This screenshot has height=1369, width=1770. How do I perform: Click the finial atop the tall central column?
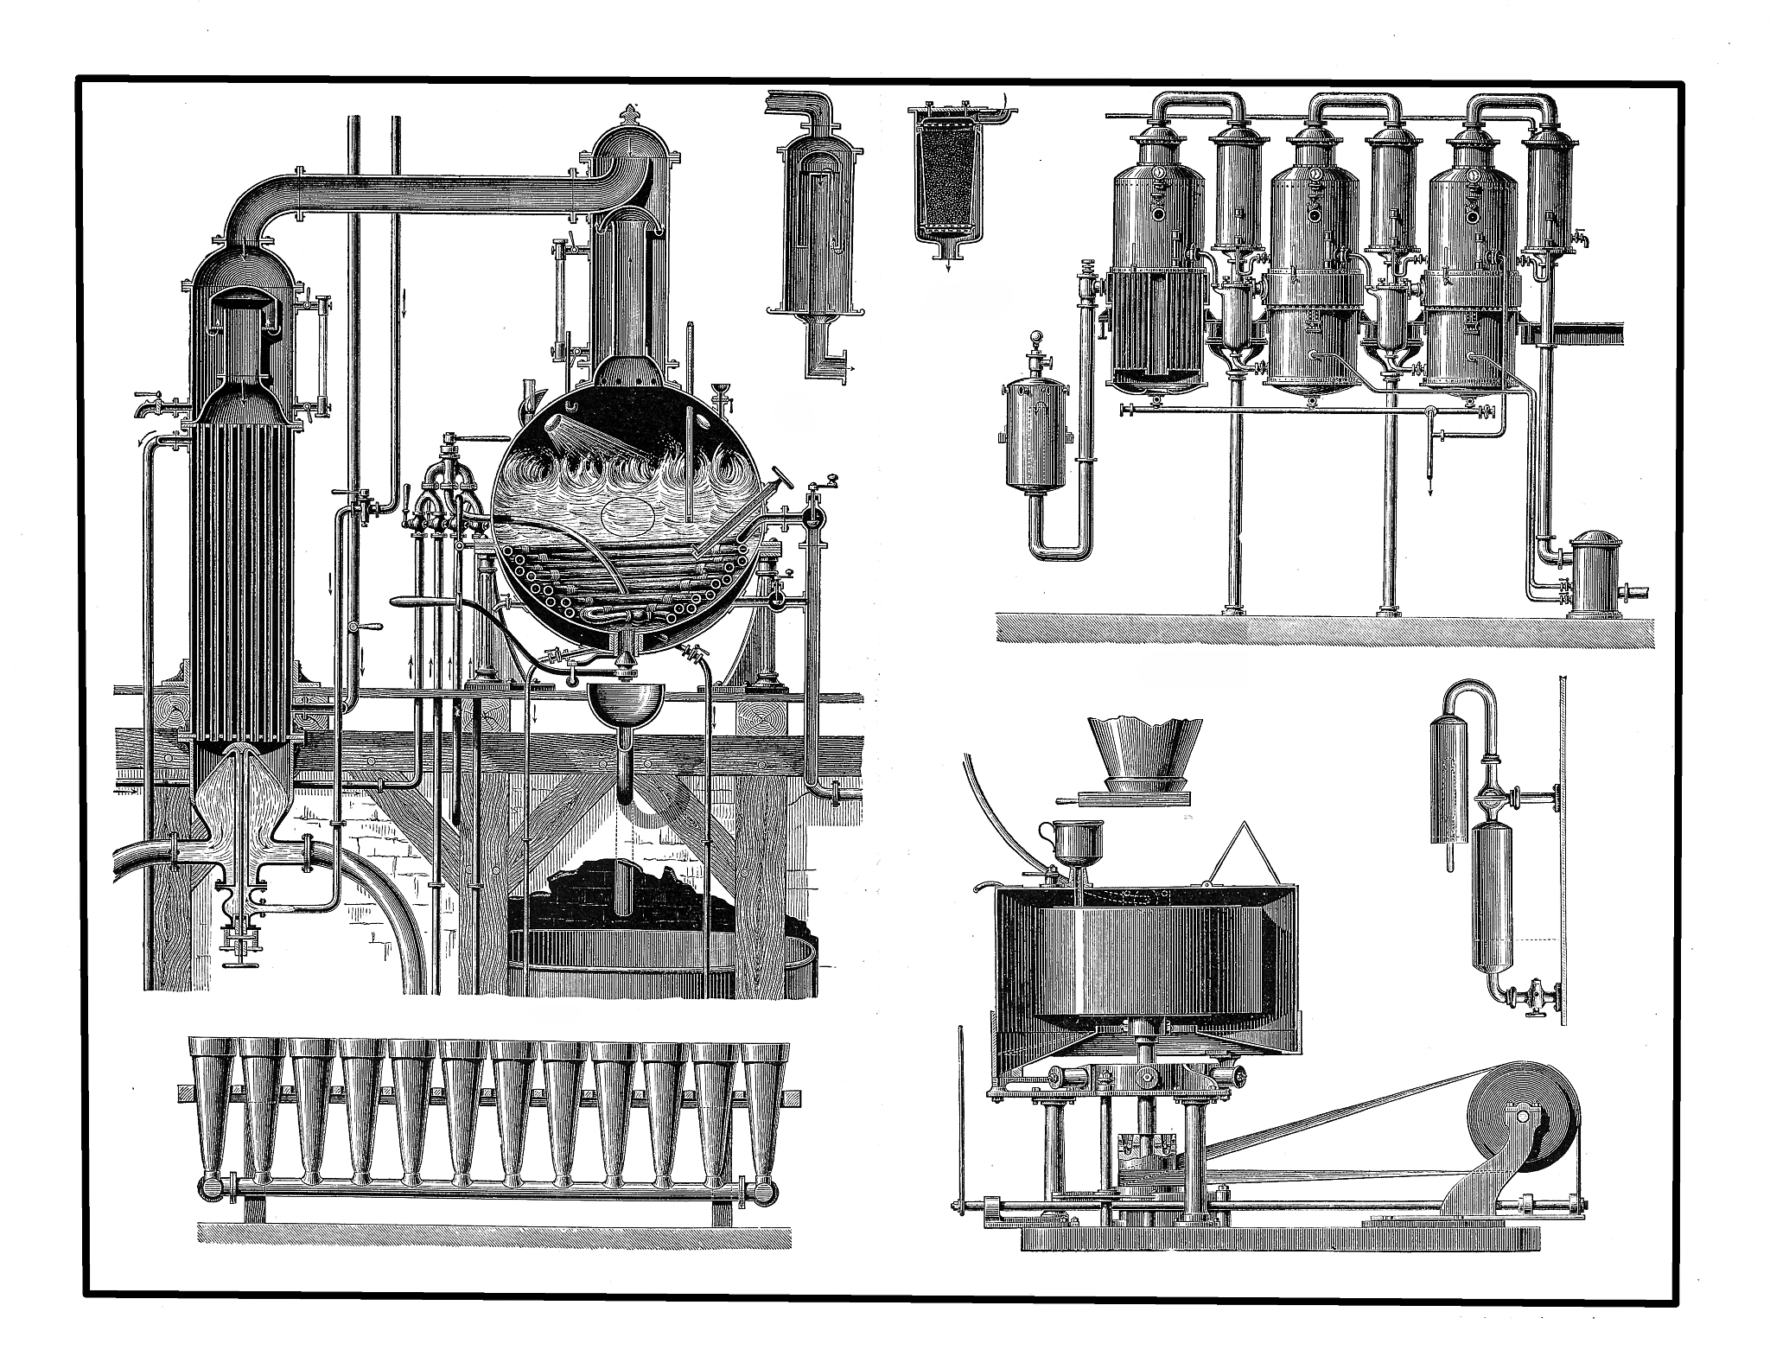pyautogui.click(x=627, y=113)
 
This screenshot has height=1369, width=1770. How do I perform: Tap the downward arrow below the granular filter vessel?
pyautogui.click(x=949, y=266)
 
